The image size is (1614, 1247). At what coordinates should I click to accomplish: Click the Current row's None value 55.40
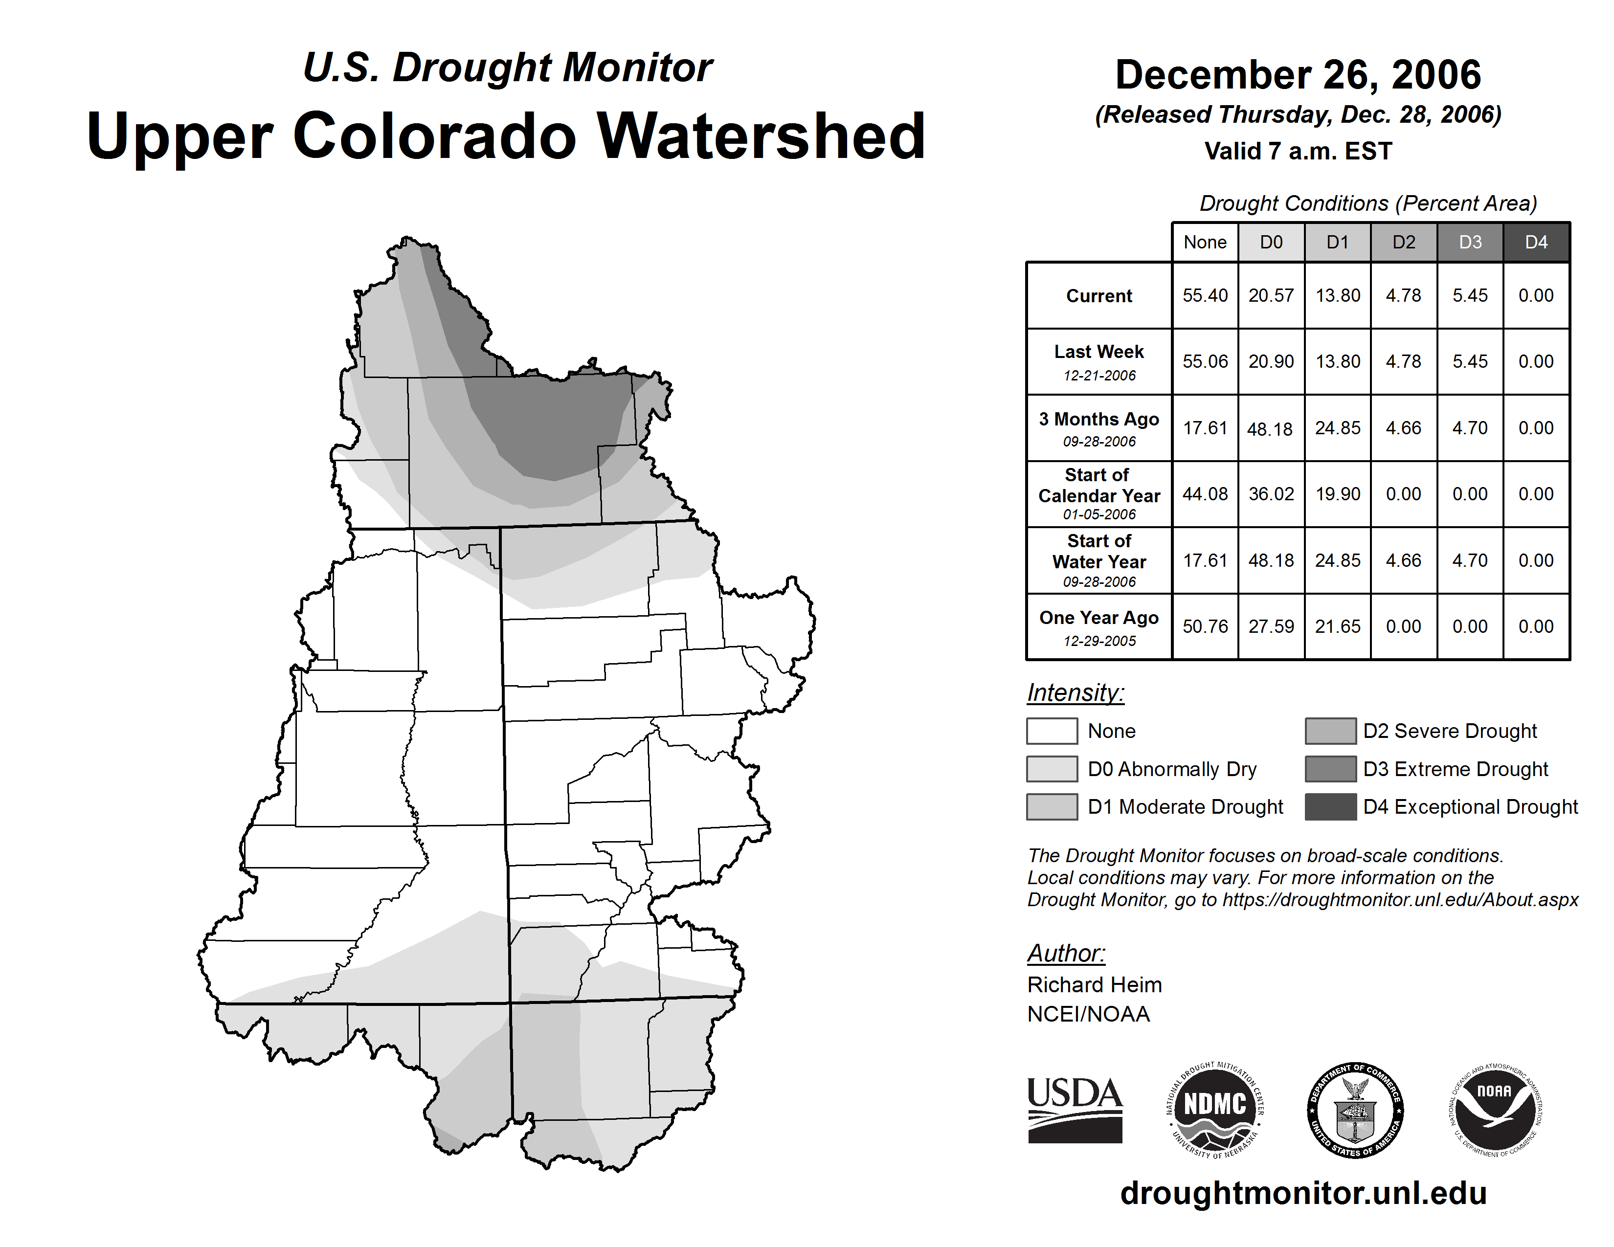point(1205,295)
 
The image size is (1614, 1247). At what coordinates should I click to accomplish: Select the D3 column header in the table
point(1470,242)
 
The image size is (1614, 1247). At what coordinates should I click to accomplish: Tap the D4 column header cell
point(1536,242)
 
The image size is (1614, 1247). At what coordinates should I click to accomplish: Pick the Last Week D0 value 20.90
point(1271,361)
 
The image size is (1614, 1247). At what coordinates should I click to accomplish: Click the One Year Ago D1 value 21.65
point(1338,626)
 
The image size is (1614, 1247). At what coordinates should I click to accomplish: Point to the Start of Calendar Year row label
point(1099,493)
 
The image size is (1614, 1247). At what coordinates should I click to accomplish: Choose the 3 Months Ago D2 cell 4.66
point(1403,428)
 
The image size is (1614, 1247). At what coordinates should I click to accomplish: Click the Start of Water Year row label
point(1099,560)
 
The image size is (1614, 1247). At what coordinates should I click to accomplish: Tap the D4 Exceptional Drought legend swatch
point(1330,807)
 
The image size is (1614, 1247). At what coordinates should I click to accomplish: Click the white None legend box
point(1052,731)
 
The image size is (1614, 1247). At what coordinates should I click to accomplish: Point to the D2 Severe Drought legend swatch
point(1330,731)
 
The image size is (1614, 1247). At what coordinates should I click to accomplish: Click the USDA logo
point(1075,1110)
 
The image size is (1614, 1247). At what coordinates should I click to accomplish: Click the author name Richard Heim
point(1094,985)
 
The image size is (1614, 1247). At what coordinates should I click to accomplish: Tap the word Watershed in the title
point(761,136)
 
